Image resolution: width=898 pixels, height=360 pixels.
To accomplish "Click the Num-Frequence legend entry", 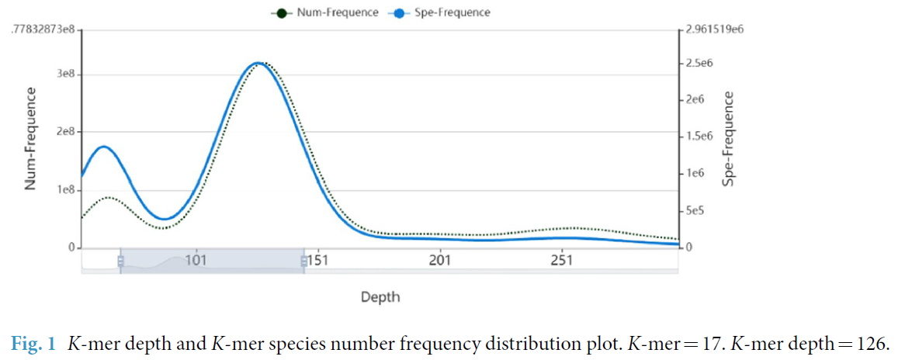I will click(x=336, y=12).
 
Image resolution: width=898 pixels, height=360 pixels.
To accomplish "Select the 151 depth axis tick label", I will click(x=317, y=261).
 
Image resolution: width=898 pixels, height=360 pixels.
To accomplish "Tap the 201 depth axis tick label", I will click(x=439, y=261).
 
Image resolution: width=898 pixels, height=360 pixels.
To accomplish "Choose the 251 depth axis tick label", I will click(x=561, y=261).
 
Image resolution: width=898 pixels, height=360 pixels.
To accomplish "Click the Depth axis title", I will click(x=380, y=297).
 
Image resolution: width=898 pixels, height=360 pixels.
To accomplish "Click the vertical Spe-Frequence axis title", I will click(x=729, y=139).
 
